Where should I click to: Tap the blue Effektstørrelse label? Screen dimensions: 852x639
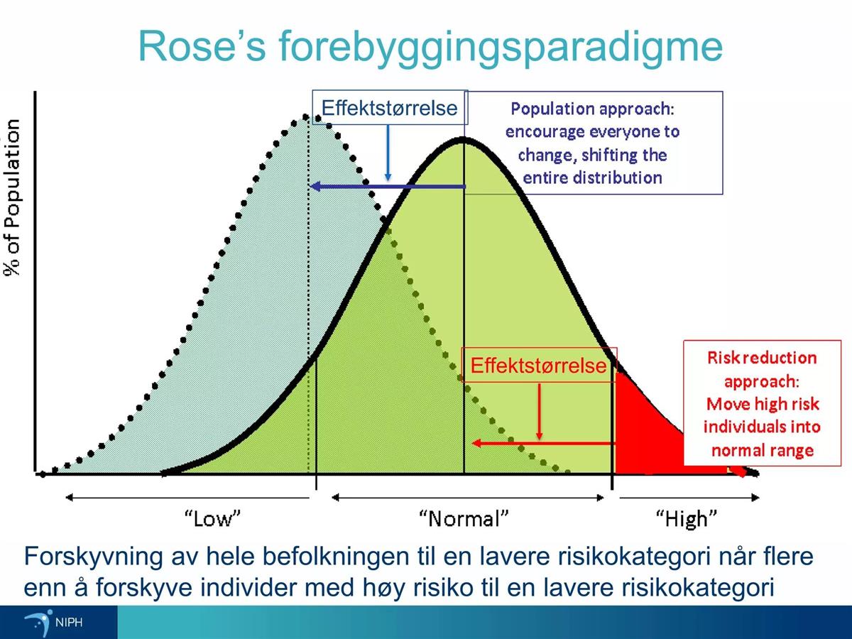pos(389,108)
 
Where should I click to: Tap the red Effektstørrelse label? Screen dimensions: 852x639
pos(538,366)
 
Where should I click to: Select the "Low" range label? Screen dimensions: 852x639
pos(213,518)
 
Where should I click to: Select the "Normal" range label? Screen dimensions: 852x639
pos(464,518)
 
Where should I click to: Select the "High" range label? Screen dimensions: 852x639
pos(687,520)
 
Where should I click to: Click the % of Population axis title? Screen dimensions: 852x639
pos(12,198)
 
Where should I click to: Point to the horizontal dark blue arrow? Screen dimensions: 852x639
pos(388,187)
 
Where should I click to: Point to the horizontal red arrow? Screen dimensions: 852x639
pos(543,443)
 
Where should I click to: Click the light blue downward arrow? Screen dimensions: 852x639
pos(388,153)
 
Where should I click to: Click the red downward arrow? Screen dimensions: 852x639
pos(539,412)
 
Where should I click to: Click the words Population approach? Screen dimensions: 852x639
pos(592,109)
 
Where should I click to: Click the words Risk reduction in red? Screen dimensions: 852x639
pos(762,358)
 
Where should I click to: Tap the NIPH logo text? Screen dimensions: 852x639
pos(69,623)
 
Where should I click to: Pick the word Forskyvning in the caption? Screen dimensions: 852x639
pos(93,557)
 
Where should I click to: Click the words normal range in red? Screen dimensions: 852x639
pos(763,450)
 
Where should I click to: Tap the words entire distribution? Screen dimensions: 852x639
pos(592,178)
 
